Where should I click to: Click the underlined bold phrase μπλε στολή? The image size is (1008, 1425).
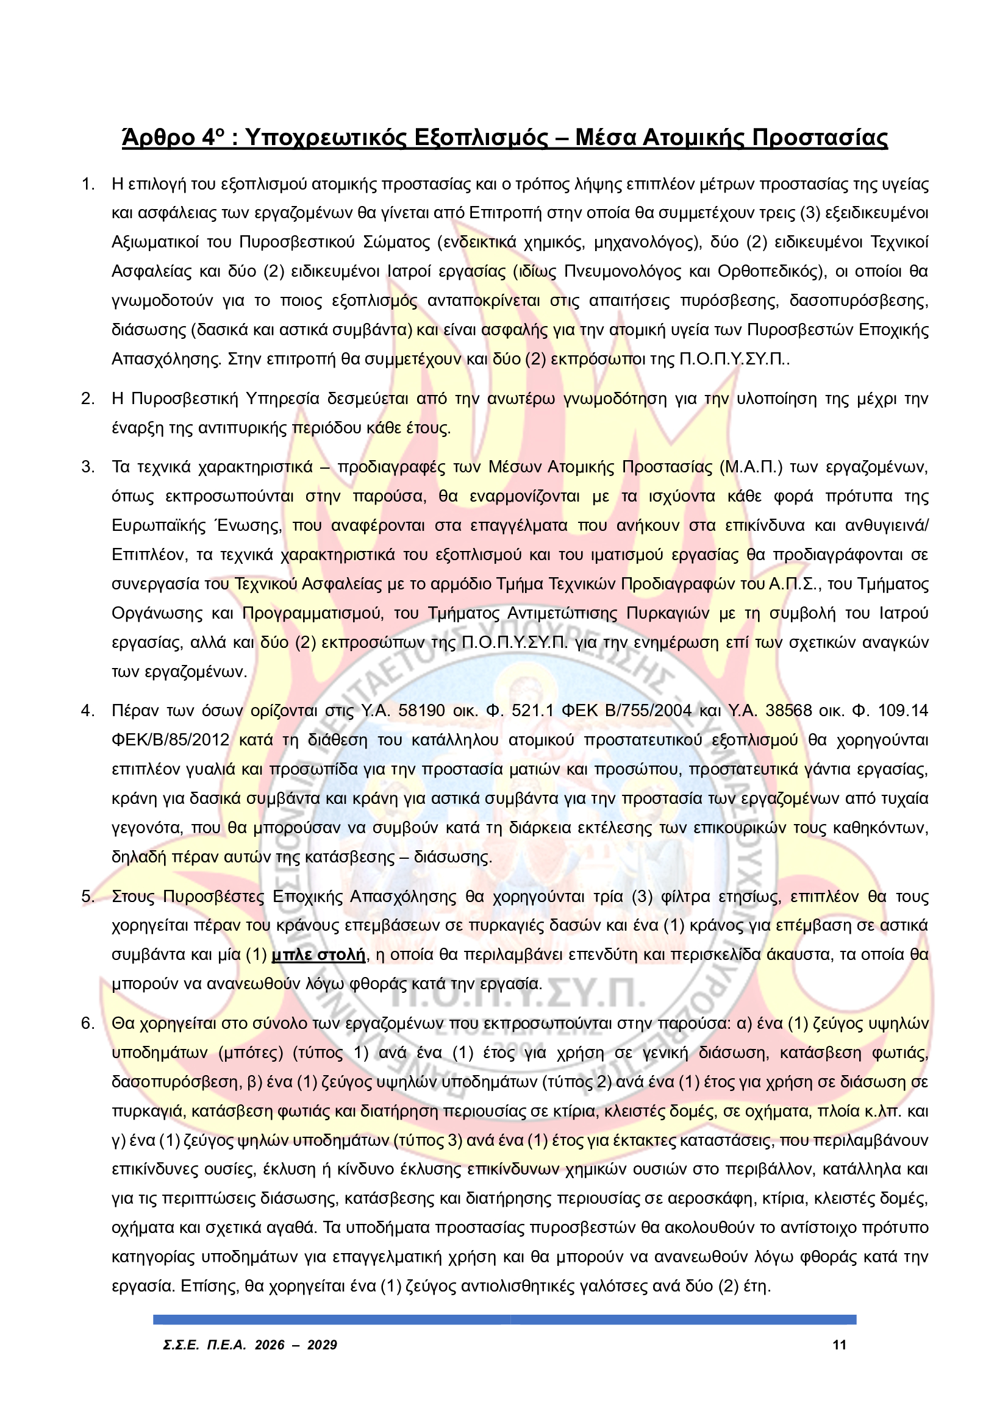tap(318, 954)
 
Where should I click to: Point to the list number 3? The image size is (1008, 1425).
tap(88, 467)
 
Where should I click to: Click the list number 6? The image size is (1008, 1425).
tap(88, 1023)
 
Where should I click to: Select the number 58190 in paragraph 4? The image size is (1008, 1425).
tap(422, 710)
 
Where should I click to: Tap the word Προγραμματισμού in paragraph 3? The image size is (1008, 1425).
tap(312, 614)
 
